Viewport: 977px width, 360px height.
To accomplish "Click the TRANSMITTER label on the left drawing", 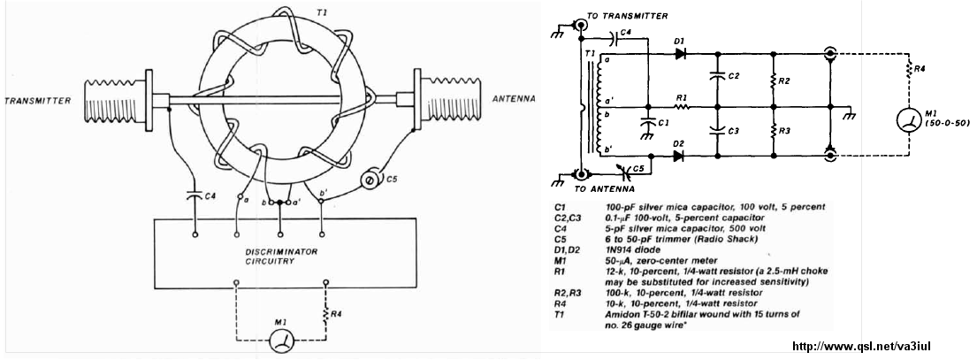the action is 37,100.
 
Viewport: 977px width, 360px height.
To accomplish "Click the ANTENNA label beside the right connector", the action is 513,98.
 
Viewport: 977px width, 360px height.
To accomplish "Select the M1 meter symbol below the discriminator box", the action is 281,340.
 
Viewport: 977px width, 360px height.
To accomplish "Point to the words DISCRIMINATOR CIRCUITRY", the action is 280,257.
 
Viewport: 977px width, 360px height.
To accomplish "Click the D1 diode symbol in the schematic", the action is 681,54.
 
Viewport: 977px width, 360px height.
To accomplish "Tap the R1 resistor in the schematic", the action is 681,106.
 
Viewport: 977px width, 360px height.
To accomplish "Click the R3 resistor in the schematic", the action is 774,132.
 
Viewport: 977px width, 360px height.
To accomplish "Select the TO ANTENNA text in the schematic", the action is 604,188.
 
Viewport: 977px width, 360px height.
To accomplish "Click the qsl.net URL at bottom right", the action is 862,347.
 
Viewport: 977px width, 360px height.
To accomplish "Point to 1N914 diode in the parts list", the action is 630,249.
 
